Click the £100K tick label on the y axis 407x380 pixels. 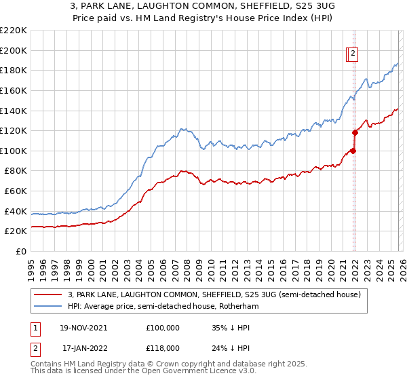pyautogui.click(x=13, y=151)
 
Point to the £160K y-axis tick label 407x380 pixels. pyautogui.click(x=13, y=90)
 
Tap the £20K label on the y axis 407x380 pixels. pyautogui.click(x=16, y=231)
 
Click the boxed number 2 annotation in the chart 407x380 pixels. pyautogui.click(x=353, y=55)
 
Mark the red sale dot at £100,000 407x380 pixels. pyautogui.click(x=353, y=151)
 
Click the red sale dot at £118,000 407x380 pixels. pyautogui.click(x=355, y=132)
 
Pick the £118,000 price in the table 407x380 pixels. pyautogui.click(x=163, y=347)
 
